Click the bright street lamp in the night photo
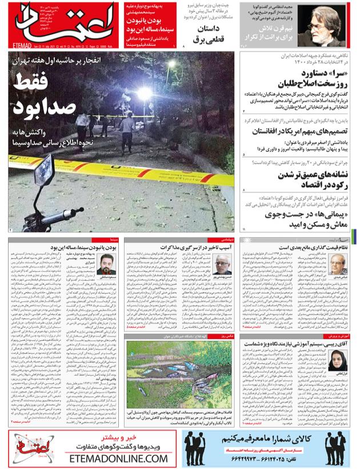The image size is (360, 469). tap(145, 94)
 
